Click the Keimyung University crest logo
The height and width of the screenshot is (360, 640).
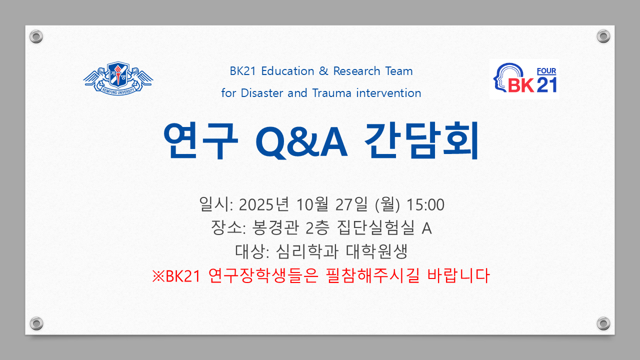pyautogui.click(x=118, y=78)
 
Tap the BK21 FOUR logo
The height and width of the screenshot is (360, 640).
pyautogui.click(x=524, y=79)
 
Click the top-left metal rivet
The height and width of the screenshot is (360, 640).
pyautogui.click(x=36, y=36)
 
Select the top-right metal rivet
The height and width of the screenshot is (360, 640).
pyautogui.click(x=603, y=36)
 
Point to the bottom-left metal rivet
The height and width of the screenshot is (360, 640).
pyautogui.click(x=36, y=323)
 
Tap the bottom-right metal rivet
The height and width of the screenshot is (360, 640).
pyautogui.click(x=603, y=323)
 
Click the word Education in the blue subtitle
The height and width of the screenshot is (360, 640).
pyautogui.click(x=287, y=71)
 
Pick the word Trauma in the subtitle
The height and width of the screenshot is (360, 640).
pyautogui.click(x=331, y=93)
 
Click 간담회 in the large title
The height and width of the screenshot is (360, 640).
pyautogui.click(x=421, y=140)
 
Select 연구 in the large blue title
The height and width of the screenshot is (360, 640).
pyautogui.click(x=200, y=140)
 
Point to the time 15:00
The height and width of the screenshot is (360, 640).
pyautogui.click(x=425, y=205)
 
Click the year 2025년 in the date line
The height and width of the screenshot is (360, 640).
pyautogui.click(x=263, y=204)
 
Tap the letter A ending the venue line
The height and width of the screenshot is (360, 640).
pyautogui.click(x=426, y=228)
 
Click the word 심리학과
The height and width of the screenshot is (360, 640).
pyautogui.click(x=307, y=251)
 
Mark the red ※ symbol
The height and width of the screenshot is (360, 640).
pyautogui.click(x=158, y=276)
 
